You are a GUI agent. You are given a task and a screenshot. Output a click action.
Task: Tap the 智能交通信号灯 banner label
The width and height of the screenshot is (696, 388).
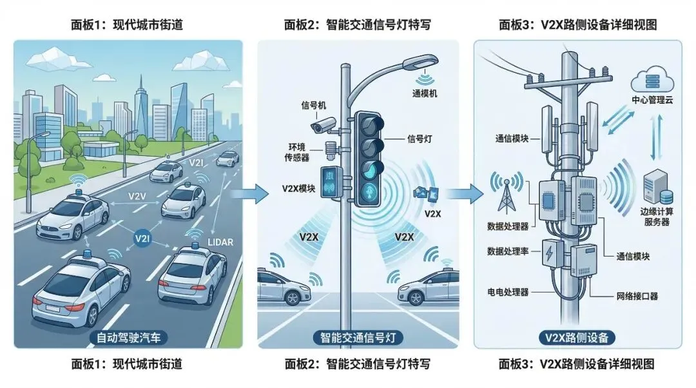point(358,336)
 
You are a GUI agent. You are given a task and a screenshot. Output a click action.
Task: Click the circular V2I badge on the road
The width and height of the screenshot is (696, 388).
point(142,238)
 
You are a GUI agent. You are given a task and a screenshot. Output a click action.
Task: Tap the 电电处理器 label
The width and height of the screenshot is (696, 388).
point(508,292)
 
